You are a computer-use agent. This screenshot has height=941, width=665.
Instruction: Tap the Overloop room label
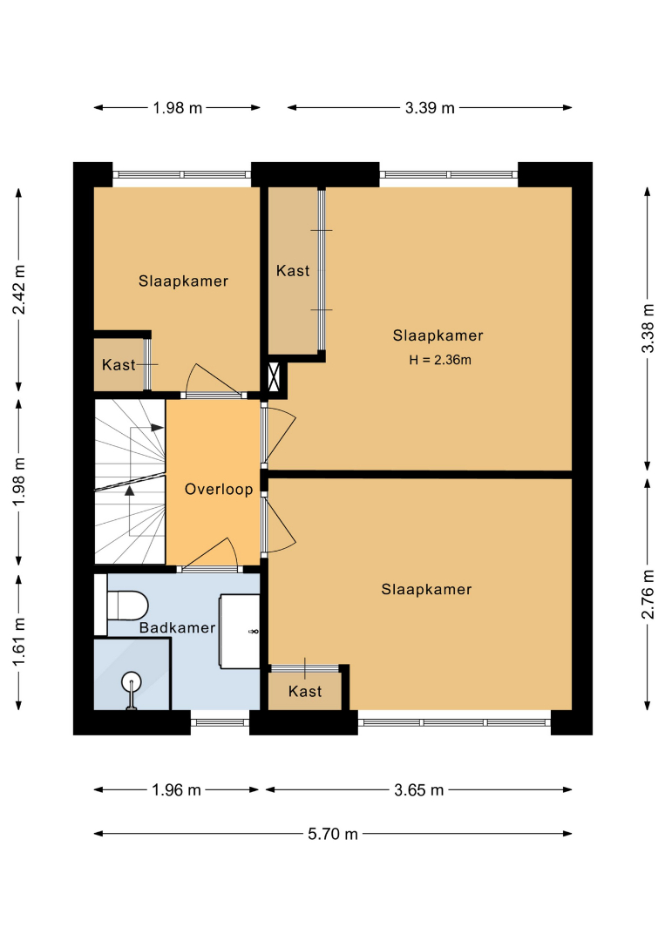[219, 489]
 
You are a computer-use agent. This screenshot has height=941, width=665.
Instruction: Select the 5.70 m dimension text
[333, 834]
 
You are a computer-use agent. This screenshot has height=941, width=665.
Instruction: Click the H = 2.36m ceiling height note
[440, 360]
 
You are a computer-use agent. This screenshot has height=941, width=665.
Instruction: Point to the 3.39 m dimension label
[430, 108]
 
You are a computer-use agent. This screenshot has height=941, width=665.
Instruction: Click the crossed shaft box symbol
[275, 377]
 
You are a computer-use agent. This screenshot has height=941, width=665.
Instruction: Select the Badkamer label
[177, 627]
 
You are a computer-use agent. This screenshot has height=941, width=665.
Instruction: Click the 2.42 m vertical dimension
[19, 289]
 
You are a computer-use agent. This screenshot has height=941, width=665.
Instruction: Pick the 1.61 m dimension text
[19, 641]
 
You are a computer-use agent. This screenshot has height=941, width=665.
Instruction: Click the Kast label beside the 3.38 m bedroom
[293, 271]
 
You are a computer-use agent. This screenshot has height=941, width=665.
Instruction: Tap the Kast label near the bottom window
[305, 691]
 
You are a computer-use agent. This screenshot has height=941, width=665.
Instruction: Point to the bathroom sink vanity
[240, 632]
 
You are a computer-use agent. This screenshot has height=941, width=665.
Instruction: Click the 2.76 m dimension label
[647, 594]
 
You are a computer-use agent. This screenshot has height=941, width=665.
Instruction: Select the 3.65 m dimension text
[419, 789]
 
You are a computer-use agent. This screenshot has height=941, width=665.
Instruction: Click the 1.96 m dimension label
[176, 789]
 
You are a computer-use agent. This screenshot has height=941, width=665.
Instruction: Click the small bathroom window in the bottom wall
[221, 722]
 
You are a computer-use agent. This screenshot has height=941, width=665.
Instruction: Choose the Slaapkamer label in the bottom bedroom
[426, 589]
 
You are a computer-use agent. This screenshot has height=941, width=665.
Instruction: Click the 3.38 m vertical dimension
[647, 328]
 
